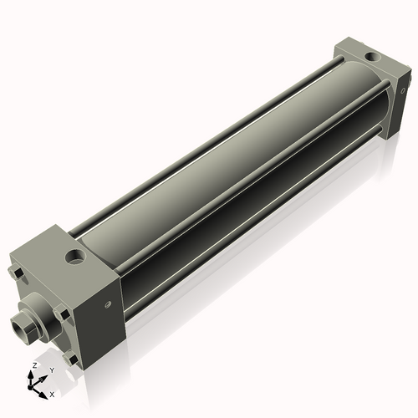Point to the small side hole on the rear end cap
404,83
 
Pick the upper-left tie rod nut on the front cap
17,273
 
